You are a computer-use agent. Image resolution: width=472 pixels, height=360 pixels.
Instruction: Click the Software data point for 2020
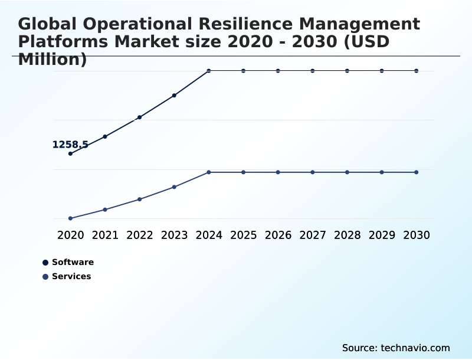click(71, 153)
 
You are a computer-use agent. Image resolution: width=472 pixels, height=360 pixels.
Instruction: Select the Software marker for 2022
click(140, 117)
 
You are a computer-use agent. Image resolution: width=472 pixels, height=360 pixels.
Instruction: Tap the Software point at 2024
click(209, 71)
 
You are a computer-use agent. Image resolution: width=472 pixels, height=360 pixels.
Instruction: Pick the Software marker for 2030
click(417, 71)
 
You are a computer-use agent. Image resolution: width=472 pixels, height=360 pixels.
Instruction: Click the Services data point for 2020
click(71, 218)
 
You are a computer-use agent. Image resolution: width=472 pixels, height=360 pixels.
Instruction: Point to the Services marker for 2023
click(175, 187)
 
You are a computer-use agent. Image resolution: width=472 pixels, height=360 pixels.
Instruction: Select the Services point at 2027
click(313, 172)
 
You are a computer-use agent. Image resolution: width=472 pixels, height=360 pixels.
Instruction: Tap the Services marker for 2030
click(417, 172)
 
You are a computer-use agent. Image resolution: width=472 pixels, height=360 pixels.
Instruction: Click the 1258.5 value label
click(70, 145)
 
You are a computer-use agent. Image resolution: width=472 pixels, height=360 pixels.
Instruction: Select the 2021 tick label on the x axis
click(105, 235)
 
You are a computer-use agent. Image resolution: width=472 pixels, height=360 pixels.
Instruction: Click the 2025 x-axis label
click(244, 235)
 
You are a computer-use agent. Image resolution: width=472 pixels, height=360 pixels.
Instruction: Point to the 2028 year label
click(347, 235)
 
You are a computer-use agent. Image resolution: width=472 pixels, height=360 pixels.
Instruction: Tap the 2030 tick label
click(417, 235)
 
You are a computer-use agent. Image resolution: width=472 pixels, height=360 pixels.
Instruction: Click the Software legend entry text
click(73, 263)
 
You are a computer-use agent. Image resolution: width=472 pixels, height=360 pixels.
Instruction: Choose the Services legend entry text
click(71, 276)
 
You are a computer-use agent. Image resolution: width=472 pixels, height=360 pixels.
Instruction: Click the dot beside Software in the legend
click(45, 263)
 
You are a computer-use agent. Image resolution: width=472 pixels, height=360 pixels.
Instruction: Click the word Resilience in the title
click(247, 24)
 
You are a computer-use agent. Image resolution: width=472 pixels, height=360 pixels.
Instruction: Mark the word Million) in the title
click(53, 60)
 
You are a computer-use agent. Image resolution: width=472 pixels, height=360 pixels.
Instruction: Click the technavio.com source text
click(415, 348)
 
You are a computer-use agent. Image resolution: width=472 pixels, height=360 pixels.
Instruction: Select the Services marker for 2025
click(244, 172)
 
